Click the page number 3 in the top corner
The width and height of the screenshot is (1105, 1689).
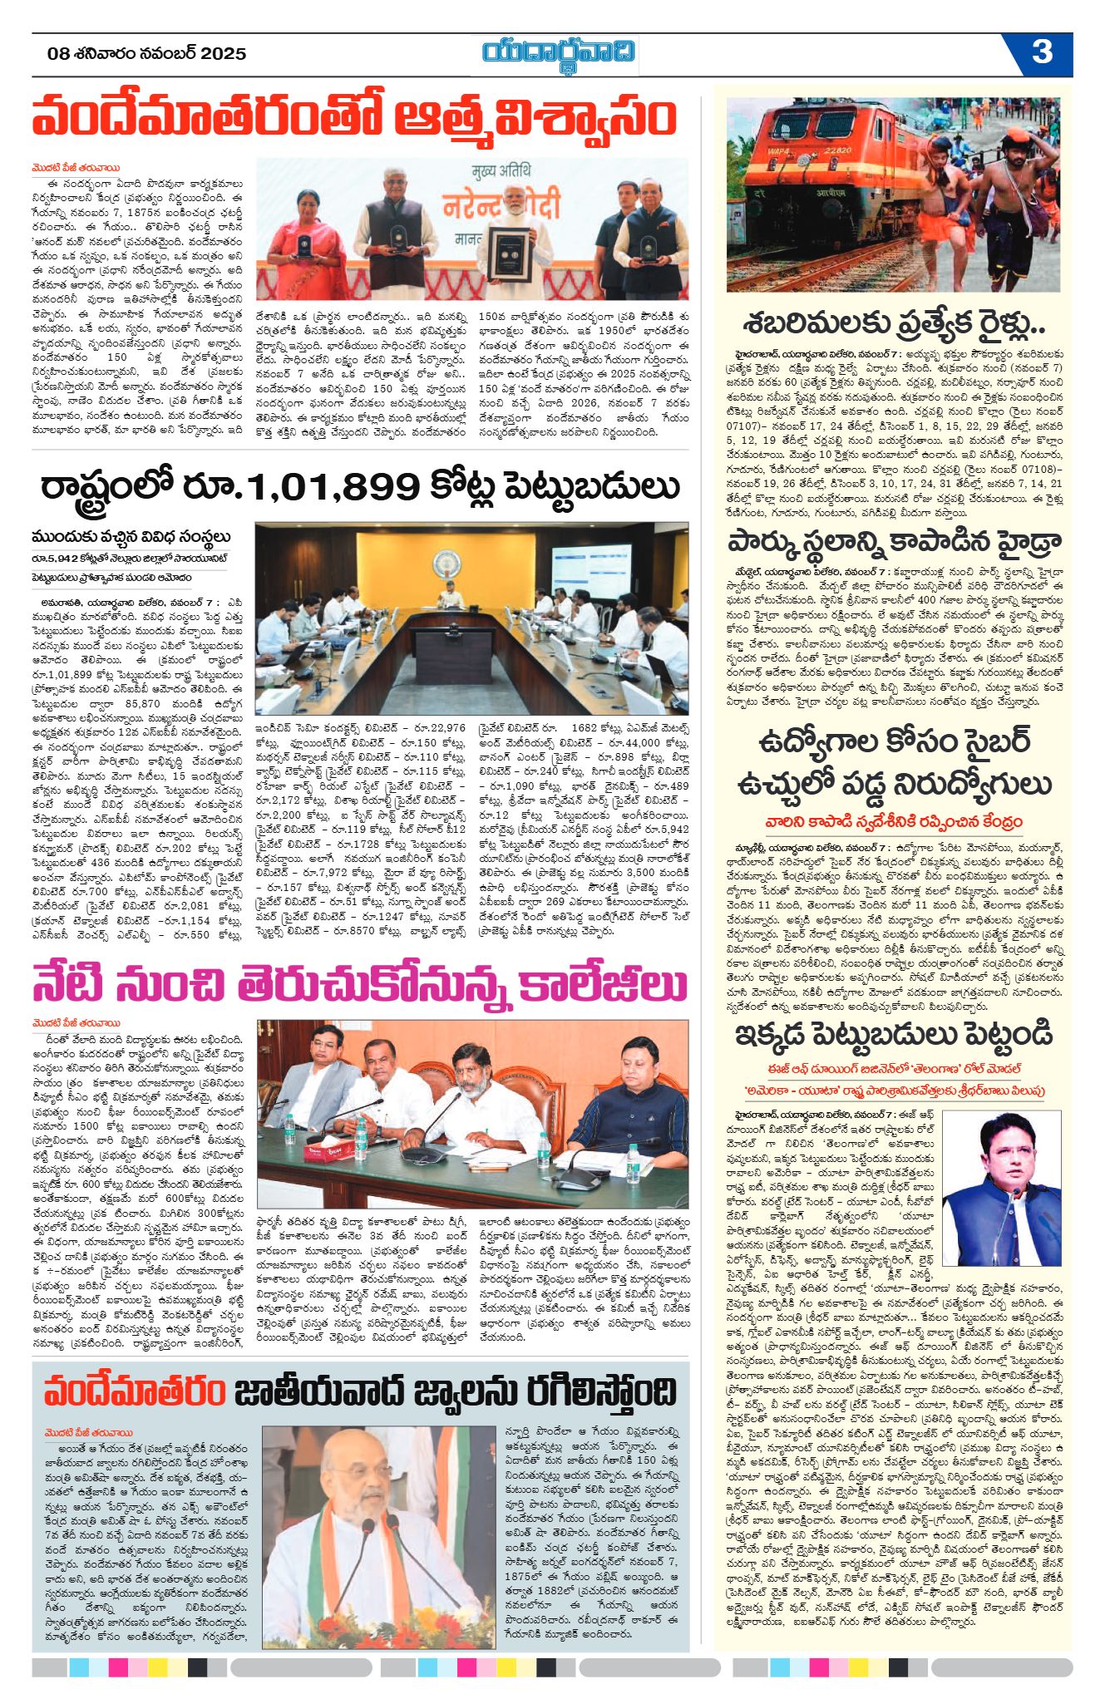1042,52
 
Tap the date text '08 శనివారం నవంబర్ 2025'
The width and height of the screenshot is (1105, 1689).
147,54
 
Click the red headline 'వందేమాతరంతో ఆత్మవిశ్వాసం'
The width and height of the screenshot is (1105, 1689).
354,117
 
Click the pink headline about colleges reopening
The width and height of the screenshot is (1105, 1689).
360,984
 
